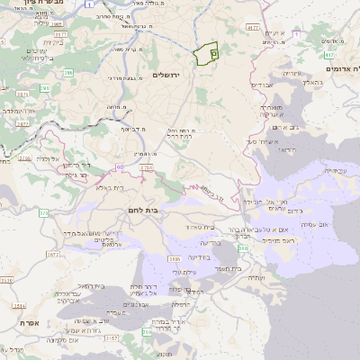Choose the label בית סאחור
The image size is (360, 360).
(202, 227)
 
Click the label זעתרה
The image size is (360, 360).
(256, 278)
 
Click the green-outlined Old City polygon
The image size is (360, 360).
(209, 53)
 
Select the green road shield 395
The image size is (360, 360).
(44, 87)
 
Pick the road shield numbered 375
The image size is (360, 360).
(43, 213)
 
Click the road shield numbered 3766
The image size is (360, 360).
(146, 167)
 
